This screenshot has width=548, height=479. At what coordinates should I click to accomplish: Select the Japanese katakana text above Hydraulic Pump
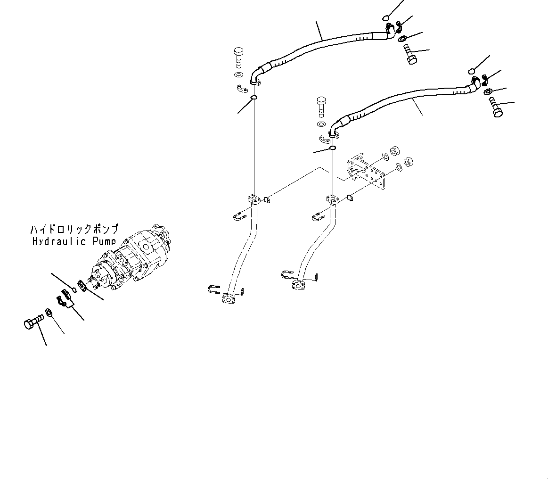[x=74, y=230]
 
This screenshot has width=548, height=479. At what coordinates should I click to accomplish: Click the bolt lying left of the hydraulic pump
[x=32, y=322]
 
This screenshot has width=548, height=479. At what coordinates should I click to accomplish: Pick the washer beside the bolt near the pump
[x=49, y=312]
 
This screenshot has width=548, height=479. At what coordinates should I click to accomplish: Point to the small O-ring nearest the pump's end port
[x=74, y=289]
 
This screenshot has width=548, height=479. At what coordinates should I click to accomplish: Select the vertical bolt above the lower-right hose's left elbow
[x=321, y=106]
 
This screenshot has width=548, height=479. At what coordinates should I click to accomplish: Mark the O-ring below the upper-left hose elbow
[x=254, y=98]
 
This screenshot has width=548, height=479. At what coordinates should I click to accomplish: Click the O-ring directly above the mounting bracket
[x=332, y=148]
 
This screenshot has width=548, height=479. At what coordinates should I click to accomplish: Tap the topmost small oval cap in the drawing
[x=385, y=18]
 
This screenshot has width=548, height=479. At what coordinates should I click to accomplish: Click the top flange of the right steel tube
[x=332, y=200]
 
